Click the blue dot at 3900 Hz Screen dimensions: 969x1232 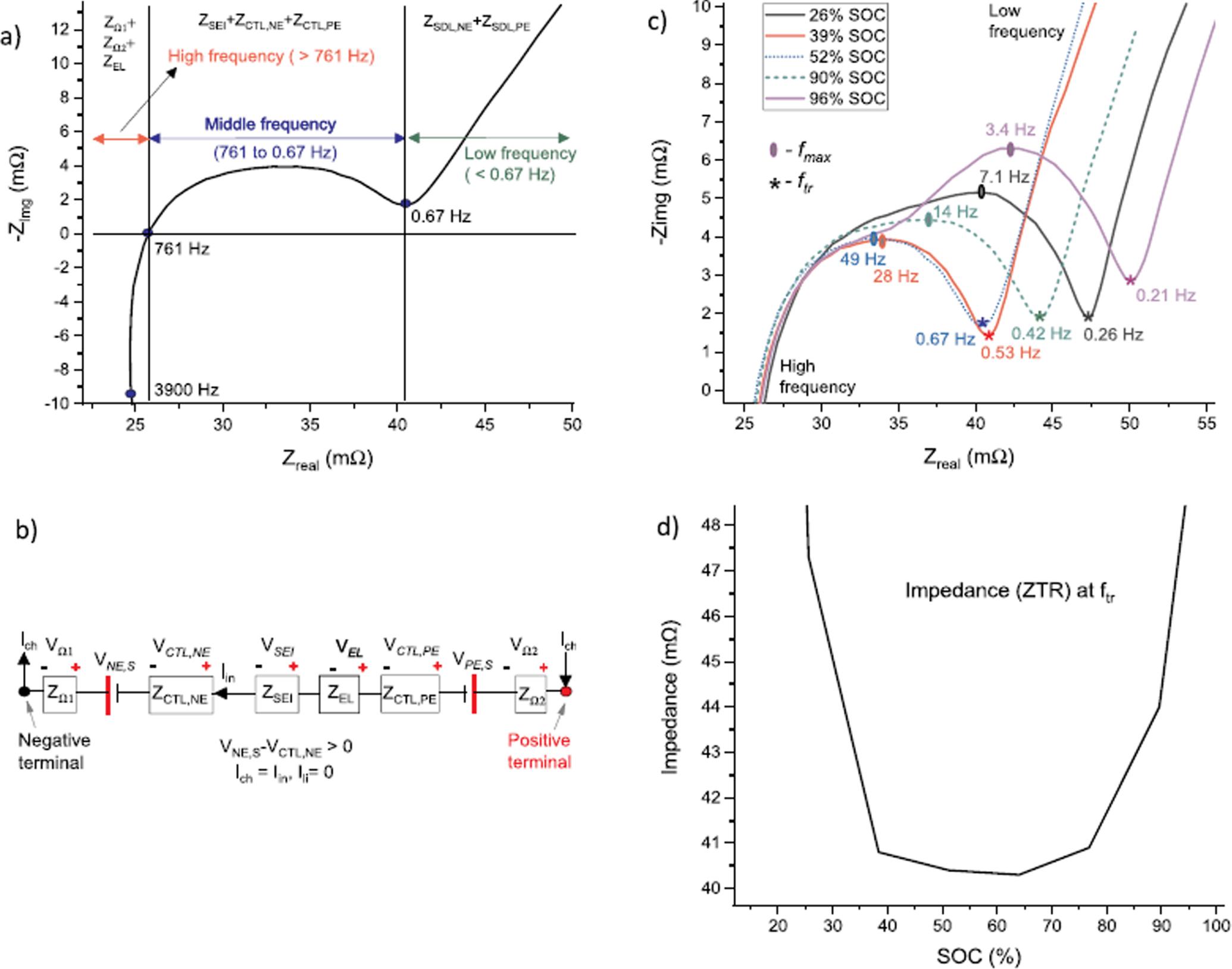(x=131, y=394)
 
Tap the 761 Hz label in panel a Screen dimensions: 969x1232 (x=182, y=249)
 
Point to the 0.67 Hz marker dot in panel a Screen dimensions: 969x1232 (x=405, y=203)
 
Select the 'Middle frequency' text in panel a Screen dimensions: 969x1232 (x=270, y=124)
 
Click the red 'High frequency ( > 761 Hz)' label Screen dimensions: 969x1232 (x=271, y=57)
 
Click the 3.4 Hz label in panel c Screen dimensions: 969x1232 (x=1009, y=129)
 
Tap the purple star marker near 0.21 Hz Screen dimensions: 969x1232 (x=1130, y=281)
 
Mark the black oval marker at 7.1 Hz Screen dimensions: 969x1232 (x=981, y=192)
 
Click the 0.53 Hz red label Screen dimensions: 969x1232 (x=1010, y=353)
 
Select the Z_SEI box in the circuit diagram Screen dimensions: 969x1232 (x=277, y=694)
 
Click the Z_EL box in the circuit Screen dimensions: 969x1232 (x=339, y=694)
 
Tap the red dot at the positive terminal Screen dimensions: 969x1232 (x=566, y=691)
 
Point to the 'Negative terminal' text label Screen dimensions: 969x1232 (x=54, y=751)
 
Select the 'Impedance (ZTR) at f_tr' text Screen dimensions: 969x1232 (x=1009, y=591)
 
